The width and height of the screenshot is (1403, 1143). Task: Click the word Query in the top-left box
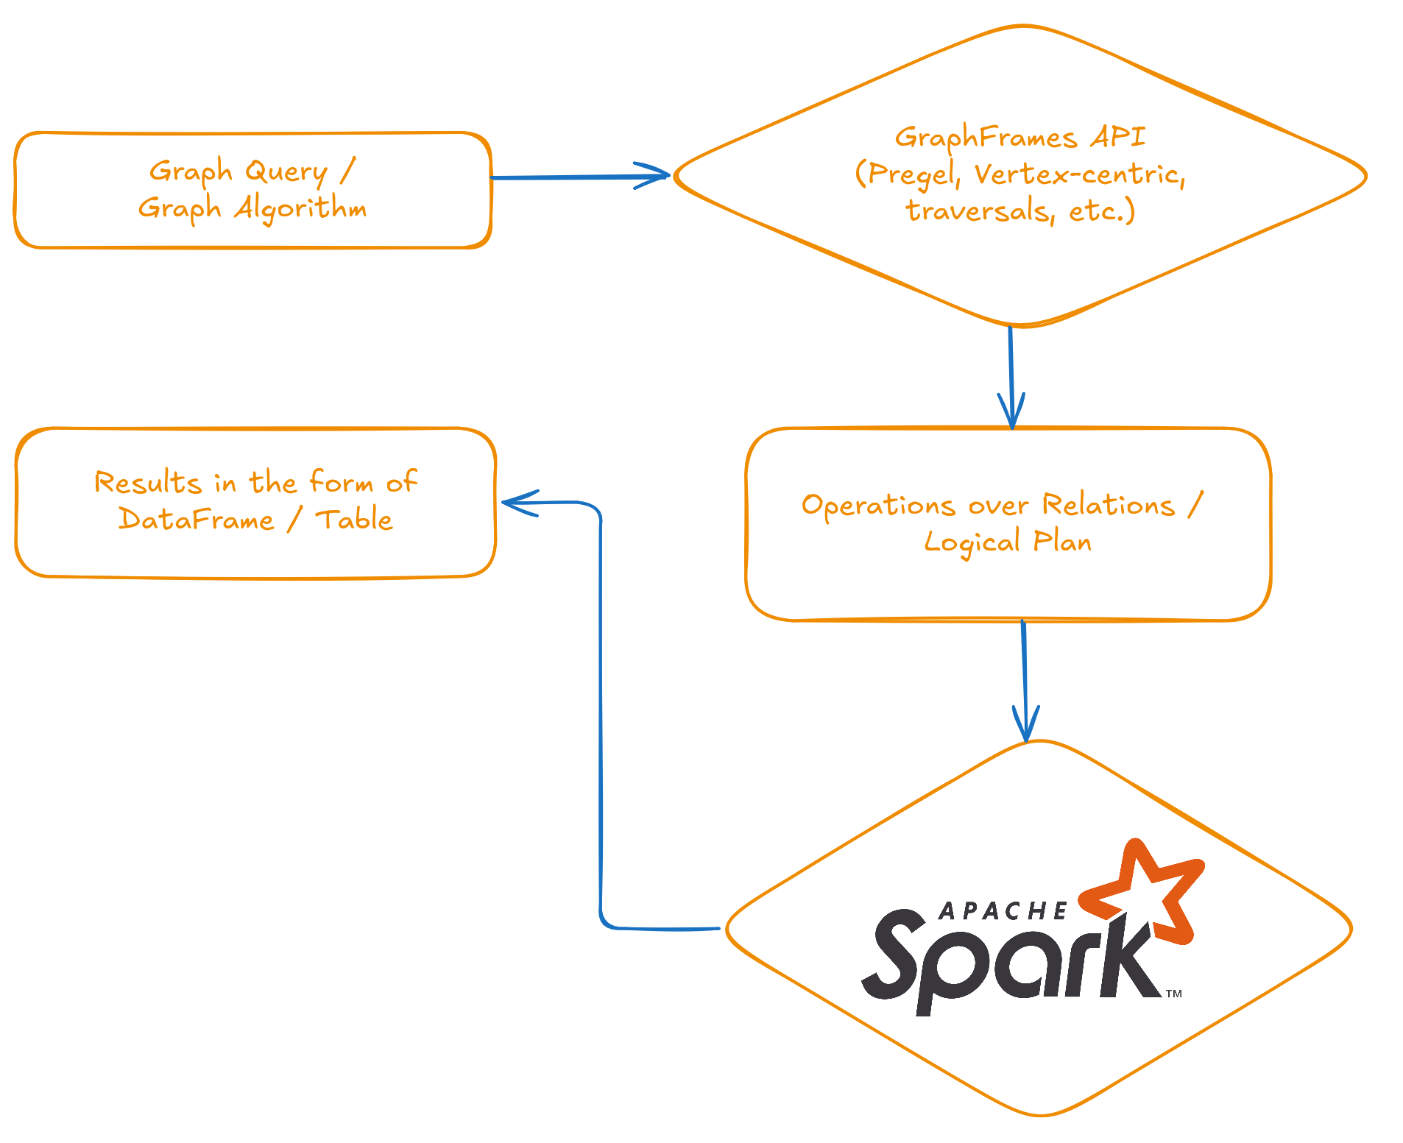[286, 172]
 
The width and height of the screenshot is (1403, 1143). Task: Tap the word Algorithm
[300, 208]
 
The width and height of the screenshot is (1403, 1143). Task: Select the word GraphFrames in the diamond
[986, 138]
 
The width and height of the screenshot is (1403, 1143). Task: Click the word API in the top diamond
[1118, 137]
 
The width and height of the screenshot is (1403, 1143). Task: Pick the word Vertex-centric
[1079, 174]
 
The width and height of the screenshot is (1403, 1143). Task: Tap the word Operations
[878, 506]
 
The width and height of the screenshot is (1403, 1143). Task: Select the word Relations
[1109, 505]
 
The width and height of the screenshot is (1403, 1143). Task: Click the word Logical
[972, 543]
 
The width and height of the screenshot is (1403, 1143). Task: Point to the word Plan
[1062, 542]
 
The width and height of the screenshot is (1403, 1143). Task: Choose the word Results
[147, 483]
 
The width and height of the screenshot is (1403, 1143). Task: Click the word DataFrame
[196, 520]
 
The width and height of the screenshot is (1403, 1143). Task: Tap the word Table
[354, 520]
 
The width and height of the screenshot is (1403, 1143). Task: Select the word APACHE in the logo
[1003, 911]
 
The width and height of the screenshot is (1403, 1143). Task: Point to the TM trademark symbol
[1174, 994]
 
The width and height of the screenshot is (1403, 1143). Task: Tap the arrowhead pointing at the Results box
[512, 503]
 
